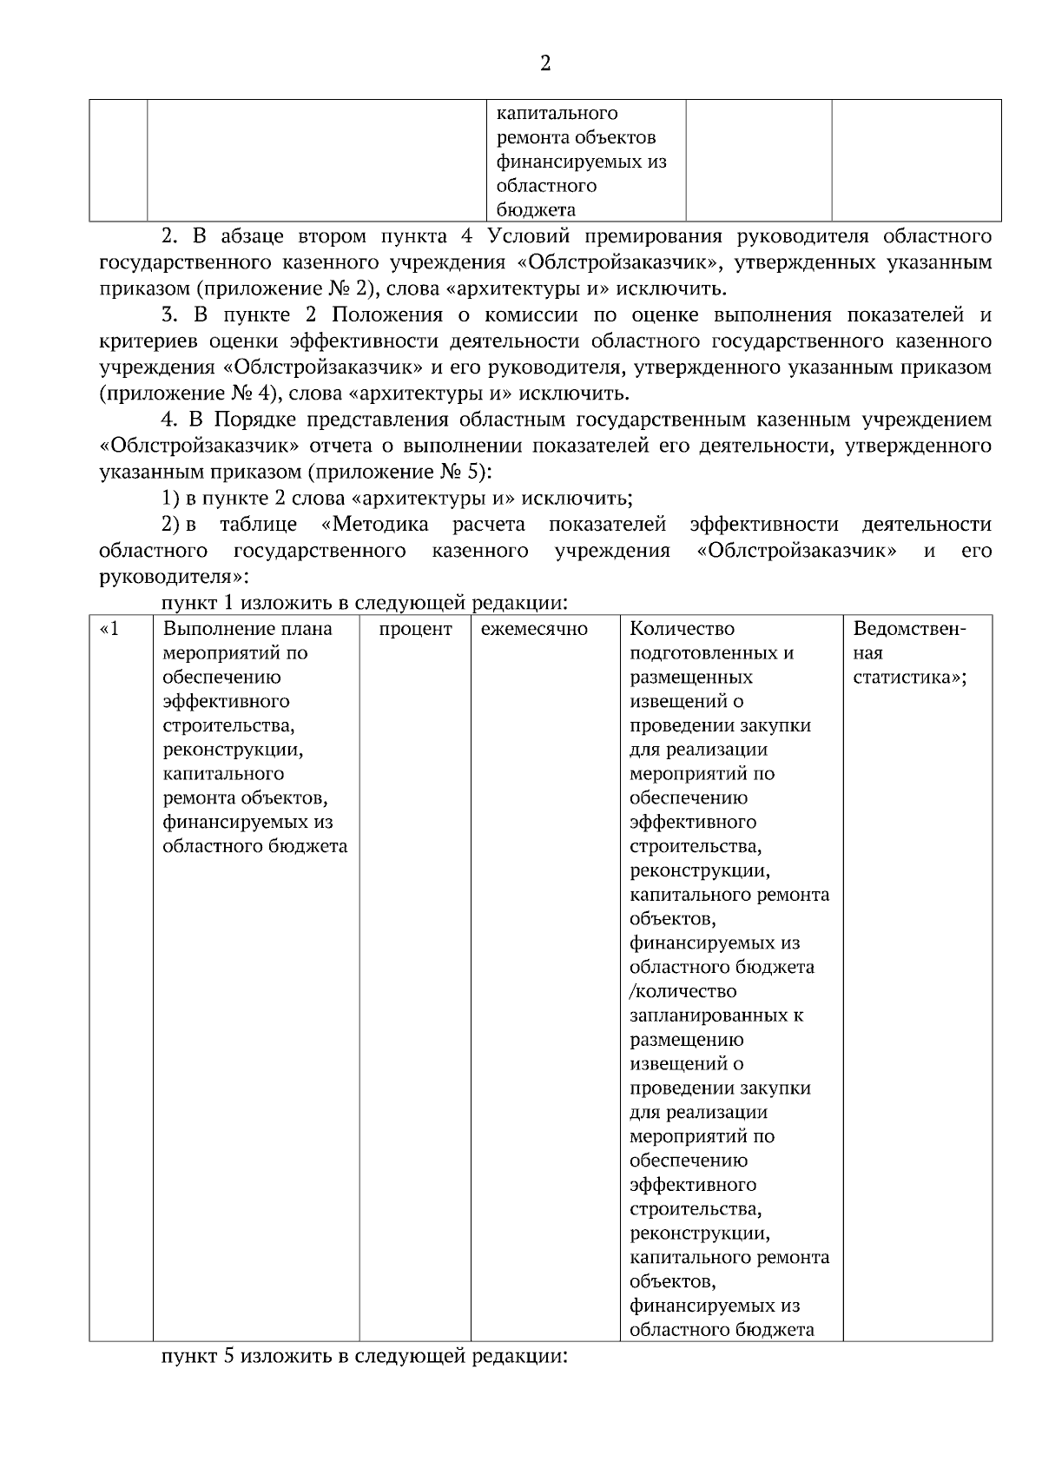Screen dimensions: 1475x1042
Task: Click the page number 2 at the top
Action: pos(544,64)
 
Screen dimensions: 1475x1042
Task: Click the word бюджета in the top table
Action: pos(536,209)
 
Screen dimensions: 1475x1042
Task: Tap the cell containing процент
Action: pos(415,629)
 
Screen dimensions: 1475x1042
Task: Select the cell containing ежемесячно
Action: pos(534,629)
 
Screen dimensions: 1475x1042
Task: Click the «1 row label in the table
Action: pos(109,629)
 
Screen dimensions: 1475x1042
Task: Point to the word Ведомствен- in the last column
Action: pos(910,629)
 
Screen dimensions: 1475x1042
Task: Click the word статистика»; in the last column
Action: pos(910,678)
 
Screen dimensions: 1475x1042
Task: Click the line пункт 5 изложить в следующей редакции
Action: pos(363,1356)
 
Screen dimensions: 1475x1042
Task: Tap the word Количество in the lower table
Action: pos(682,629)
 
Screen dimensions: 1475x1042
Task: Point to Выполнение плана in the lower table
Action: pos(247,629)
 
